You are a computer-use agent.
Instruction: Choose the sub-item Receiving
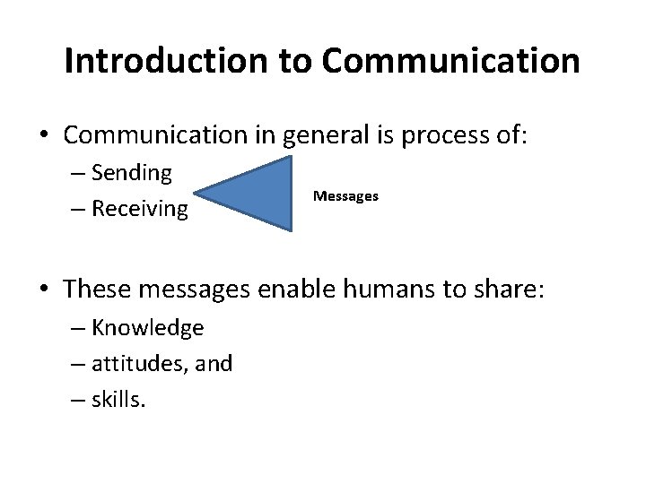pyautogui.click(x=139, y=209)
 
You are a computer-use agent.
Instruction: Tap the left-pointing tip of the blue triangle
pyautogui.click(x=196, y=191)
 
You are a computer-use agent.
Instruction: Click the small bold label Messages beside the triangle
pyautogui.click(x=345, y=194)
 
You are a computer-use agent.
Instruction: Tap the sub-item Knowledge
pyautogui.click(x=147, y=328)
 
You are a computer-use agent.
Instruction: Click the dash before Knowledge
pyautogui.click(x=80, y=328)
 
